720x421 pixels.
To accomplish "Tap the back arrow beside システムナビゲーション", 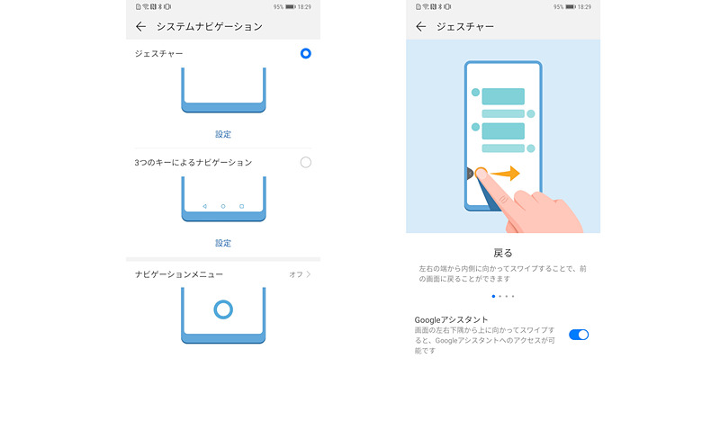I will pos(140,27).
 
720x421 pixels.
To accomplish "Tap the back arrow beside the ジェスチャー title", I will pos(421,27).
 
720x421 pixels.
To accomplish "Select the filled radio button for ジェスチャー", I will pos(306,54).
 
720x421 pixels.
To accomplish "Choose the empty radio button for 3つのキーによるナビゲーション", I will pos(306,162).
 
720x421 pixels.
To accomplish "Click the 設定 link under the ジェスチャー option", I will pos(223,134).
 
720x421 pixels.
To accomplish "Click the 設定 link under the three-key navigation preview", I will pos(223,243).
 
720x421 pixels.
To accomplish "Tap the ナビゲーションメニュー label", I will pos(179,273).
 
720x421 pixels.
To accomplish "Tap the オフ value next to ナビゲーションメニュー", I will pos(295,273).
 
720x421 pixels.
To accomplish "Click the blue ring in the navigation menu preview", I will pos(223,310).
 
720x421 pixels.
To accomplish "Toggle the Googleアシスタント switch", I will pos(579,335).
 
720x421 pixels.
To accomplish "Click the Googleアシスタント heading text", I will pos(452,319).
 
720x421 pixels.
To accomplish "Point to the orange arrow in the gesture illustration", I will pos(506,174).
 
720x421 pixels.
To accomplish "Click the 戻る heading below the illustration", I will pos(503,253).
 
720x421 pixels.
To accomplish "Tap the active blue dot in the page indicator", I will pos(492,296).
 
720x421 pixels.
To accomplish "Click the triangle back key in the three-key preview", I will pos(205,206).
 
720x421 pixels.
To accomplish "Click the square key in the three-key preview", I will pos(241,206).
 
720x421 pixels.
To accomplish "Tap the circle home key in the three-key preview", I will pos(223,206).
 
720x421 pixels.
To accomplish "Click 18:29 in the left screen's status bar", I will pos(304,6).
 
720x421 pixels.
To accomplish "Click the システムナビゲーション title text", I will pos(210,27).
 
